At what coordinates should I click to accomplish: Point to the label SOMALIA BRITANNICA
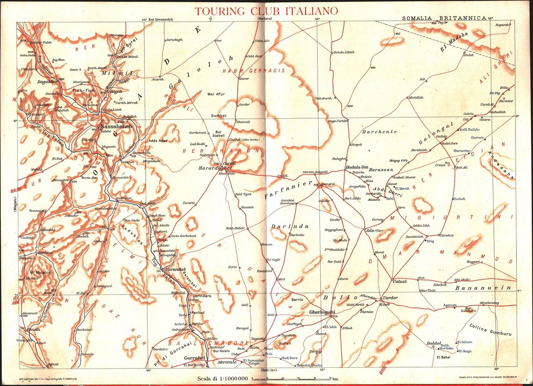pos(444,18)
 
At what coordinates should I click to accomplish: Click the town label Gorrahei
pos(195,358)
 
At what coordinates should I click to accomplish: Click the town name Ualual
pos(399,282)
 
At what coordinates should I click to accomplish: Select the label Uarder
pos(390,298)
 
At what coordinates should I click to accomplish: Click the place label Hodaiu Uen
pos(356,168)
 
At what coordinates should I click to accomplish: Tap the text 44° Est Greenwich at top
pos(157,19)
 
